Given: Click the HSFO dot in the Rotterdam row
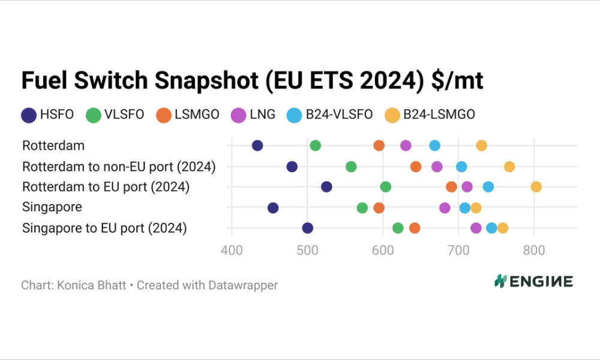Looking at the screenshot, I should (x=257, y=145).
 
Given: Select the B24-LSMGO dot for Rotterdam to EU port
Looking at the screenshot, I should (x=536, y=187).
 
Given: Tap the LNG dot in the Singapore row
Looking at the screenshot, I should (x=445, y=208).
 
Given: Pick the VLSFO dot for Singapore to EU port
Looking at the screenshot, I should (x=398, y=228).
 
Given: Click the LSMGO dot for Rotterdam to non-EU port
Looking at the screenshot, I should (x=416, y=166).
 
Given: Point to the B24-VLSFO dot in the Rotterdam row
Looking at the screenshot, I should (x=434, y=145).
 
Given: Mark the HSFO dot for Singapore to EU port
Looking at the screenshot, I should (x=308, y=228).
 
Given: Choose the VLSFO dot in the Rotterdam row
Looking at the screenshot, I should (x=315, y=145).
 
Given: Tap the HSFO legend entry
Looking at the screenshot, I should (x=48, y=114).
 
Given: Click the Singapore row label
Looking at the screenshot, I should (x=52, y=208).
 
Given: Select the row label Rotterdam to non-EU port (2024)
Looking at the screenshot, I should (x=118, y=166).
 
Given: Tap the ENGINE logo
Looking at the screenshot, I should (x=533, y=281).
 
